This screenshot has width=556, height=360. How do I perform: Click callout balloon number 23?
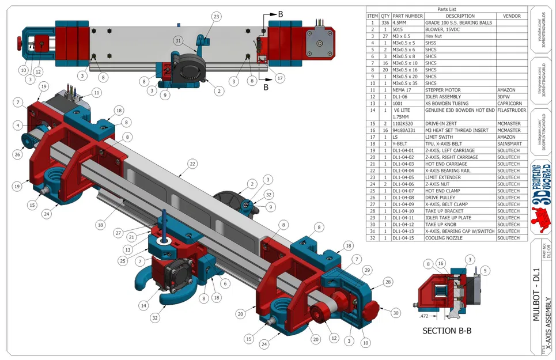216,17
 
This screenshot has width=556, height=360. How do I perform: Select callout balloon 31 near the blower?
178,40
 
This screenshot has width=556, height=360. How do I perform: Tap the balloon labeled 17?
280,78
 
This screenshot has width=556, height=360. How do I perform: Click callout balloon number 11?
96,92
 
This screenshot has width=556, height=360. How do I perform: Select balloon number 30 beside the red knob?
395,313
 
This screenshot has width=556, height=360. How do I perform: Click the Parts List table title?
446,9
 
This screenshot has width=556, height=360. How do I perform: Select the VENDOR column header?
511,16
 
